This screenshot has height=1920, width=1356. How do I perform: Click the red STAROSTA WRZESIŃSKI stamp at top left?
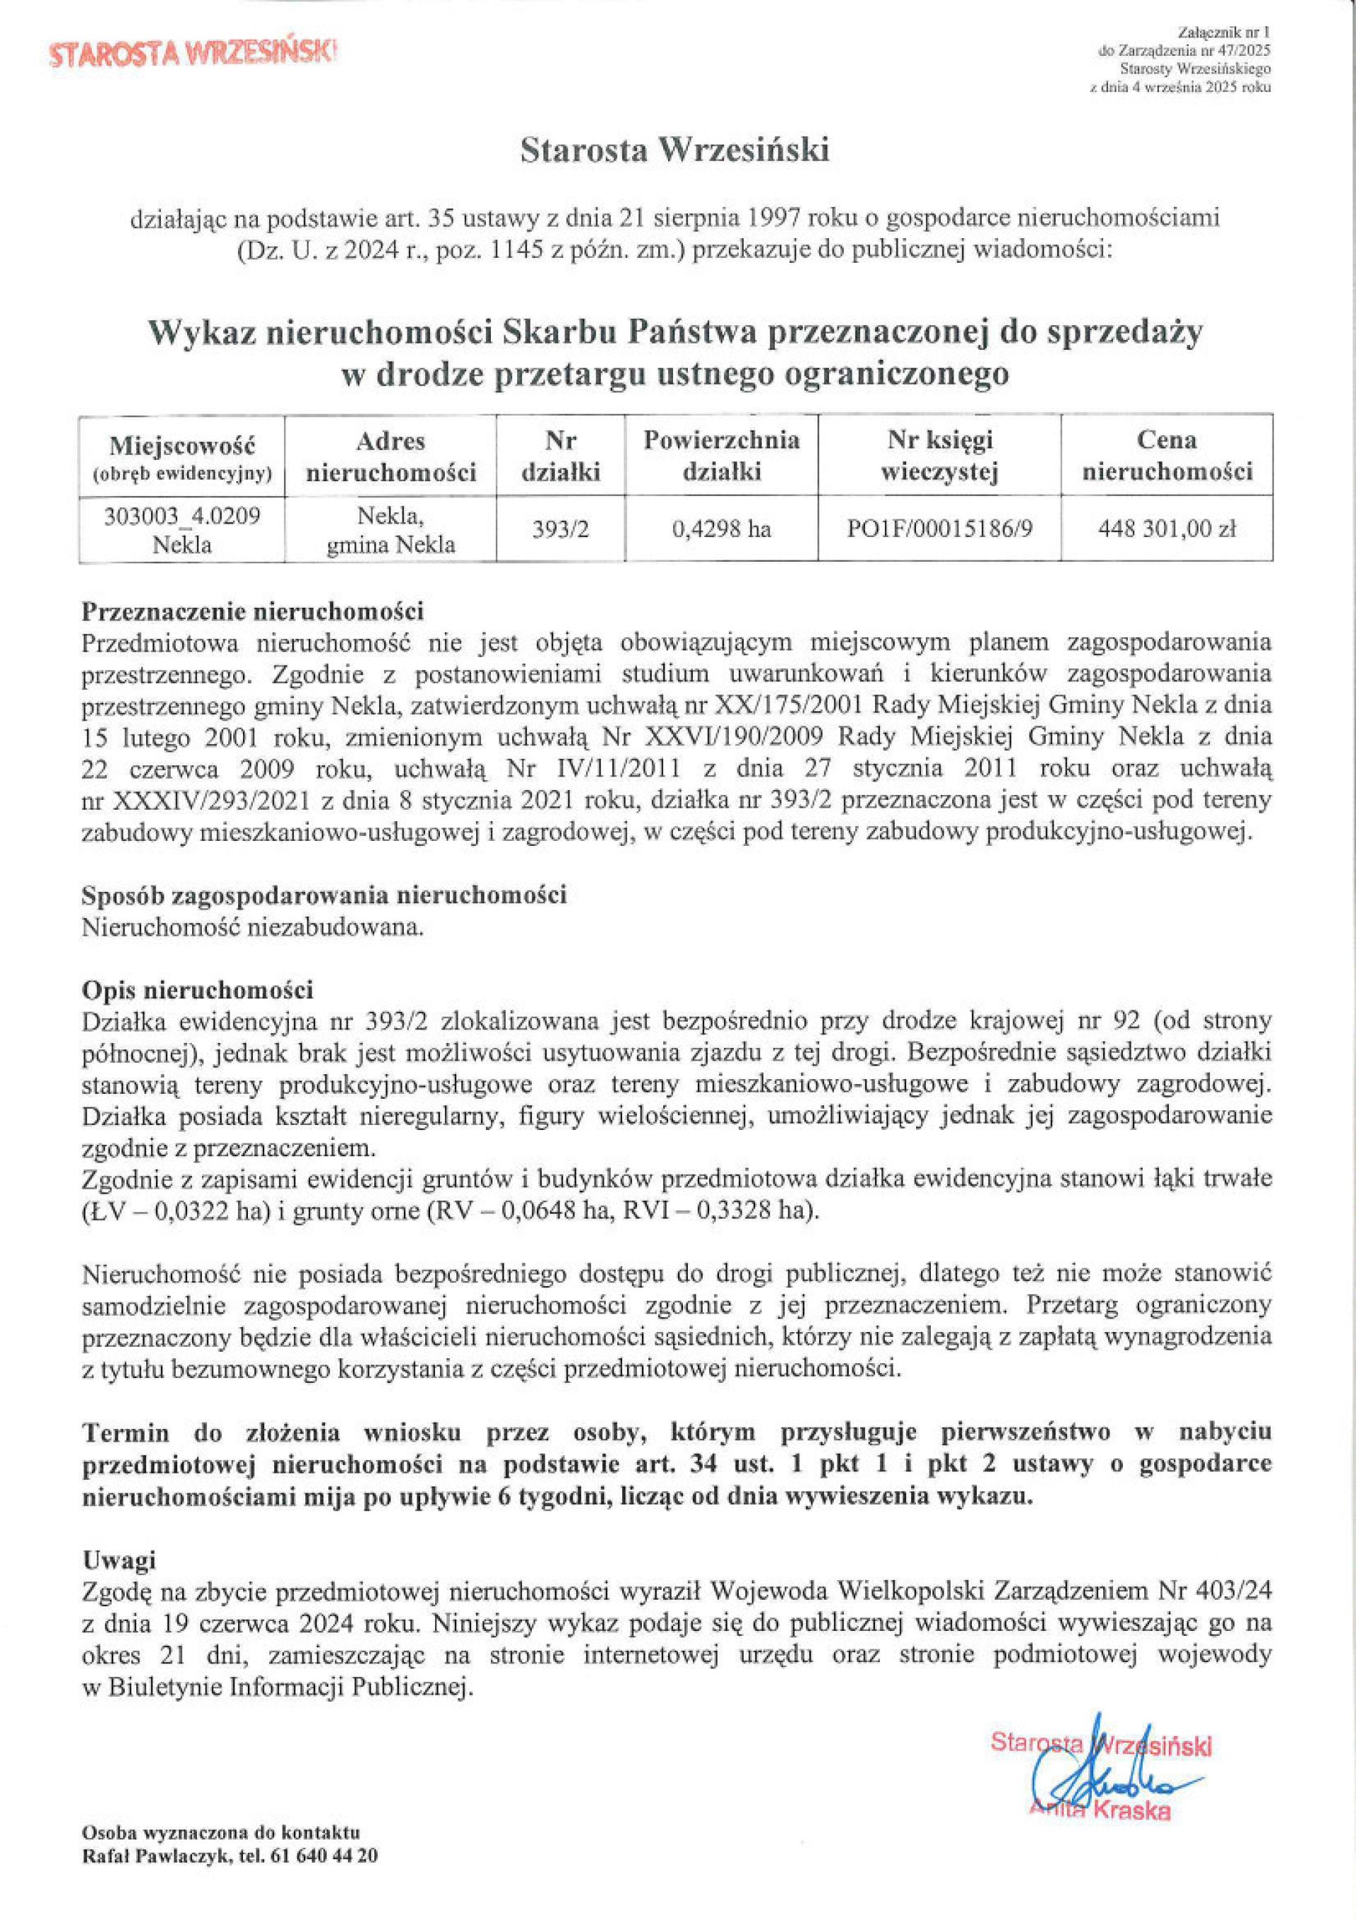194,54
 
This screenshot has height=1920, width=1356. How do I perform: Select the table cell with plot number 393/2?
560,529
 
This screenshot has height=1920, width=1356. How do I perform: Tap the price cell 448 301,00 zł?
1167,529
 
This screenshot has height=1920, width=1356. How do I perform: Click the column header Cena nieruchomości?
1167,456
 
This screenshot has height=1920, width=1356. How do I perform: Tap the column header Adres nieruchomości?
391,456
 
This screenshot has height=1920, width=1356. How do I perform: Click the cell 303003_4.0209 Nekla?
182,529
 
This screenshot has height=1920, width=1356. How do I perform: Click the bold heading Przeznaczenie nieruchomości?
252,611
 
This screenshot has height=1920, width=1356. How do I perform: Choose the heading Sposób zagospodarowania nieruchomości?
324,895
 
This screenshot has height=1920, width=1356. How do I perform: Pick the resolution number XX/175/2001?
773,706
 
